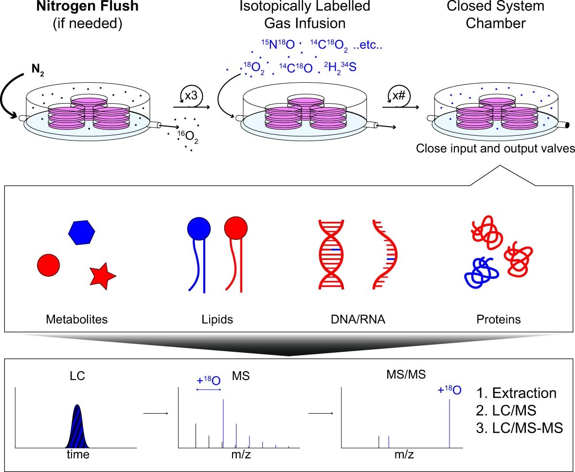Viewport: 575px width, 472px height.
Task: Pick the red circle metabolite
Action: pyautogui.click(x=48, y=265)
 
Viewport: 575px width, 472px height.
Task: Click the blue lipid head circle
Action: pyautogui.click(x=198, y=228)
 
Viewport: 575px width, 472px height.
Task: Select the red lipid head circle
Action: pyautogui.click(x=236, y=228)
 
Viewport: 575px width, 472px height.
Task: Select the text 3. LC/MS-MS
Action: pyautogui.click(x=519, y=428)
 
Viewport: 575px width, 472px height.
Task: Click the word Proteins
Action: pyautogui.click(x=498, y=320)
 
